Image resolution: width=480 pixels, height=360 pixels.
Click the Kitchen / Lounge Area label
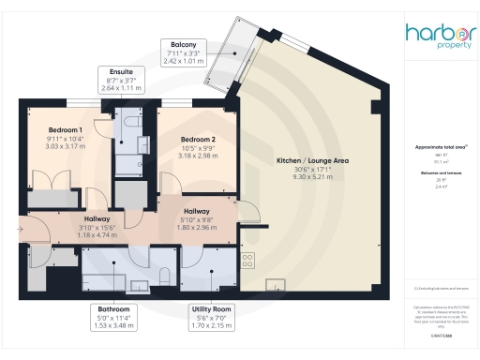click(312, 161)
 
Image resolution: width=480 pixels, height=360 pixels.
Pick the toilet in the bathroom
click(165, 274)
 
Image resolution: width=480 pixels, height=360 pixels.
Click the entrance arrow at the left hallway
click(22, 225)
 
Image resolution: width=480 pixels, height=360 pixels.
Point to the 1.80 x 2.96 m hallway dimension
click(197, 227)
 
